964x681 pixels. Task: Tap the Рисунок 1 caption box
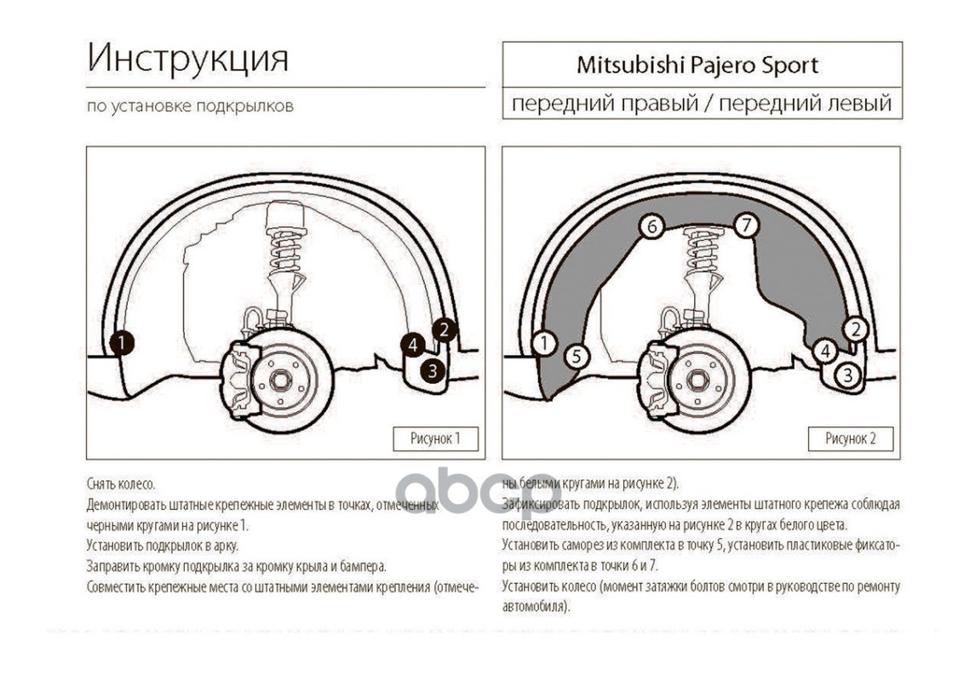[x=435, y=438]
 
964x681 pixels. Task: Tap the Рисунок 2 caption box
[x=850, y=438]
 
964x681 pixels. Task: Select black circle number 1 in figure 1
[x=122, y=342]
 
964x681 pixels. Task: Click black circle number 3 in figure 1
[x=433, y=370]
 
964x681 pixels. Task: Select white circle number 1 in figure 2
[x=542, y=343]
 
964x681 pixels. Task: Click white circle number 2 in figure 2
[x=857, y=329]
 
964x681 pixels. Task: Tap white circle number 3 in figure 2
[x=846, y=374]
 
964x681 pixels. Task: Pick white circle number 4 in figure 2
[x=823, y=350]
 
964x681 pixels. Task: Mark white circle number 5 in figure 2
[x=576, y=356]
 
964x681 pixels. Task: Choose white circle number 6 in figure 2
[x=651, y=227]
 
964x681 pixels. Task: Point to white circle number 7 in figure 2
[x=745, y=226]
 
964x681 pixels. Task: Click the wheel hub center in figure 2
[x=695, y=379]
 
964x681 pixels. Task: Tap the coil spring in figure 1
[x=287, y=247]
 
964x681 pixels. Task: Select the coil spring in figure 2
[x=703, y=249]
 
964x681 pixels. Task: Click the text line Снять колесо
[x=120, y=484]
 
